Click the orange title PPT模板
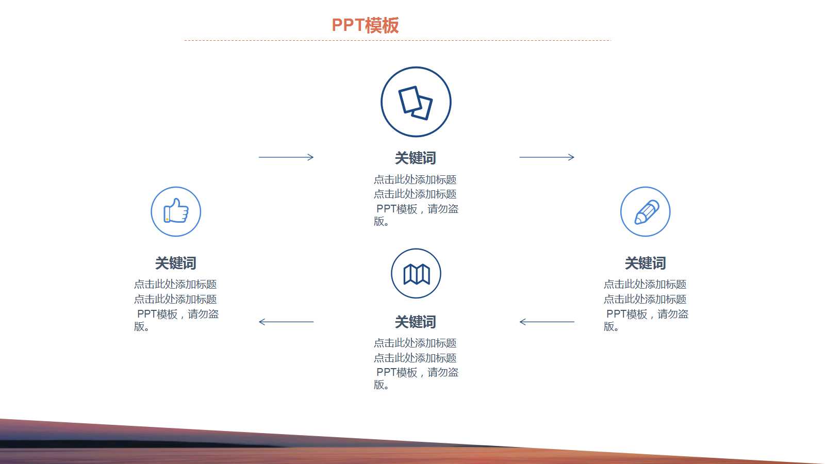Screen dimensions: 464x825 point(365,25)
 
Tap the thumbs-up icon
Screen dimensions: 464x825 point(176,211)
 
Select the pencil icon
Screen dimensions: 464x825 point(646,211)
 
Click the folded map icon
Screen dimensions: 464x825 point(416,274)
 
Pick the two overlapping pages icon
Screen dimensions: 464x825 point(416,102)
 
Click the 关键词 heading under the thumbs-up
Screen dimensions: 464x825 point(176,263)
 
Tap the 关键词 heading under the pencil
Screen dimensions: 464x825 point(646,263)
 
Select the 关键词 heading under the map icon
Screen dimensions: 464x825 point(416,322)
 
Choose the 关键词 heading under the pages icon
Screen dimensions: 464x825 point(416,158)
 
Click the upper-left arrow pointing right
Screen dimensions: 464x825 point(286,157)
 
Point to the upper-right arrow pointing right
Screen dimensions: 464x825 point(547,157)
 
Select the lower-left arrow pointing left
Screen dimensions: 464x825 point(286,322)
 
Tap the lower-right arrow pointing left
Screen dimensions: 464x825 point(547,322)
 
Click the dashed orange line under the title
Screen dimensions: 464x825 point(397,40)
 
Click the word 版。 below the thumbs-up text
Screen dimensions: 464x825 point(142,327)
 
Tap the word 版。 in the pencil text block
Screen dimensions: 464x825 point(612,327)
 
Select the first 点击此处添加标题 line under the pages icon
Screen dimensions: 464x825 point(415,180)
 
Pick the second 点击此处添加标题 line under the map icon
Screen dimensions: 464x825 point(415,358)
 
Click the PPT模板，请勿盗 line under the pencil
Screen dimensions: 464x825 point(647,314)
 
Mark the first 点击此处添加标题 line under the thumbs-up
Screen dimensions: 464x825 point(175,284)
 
